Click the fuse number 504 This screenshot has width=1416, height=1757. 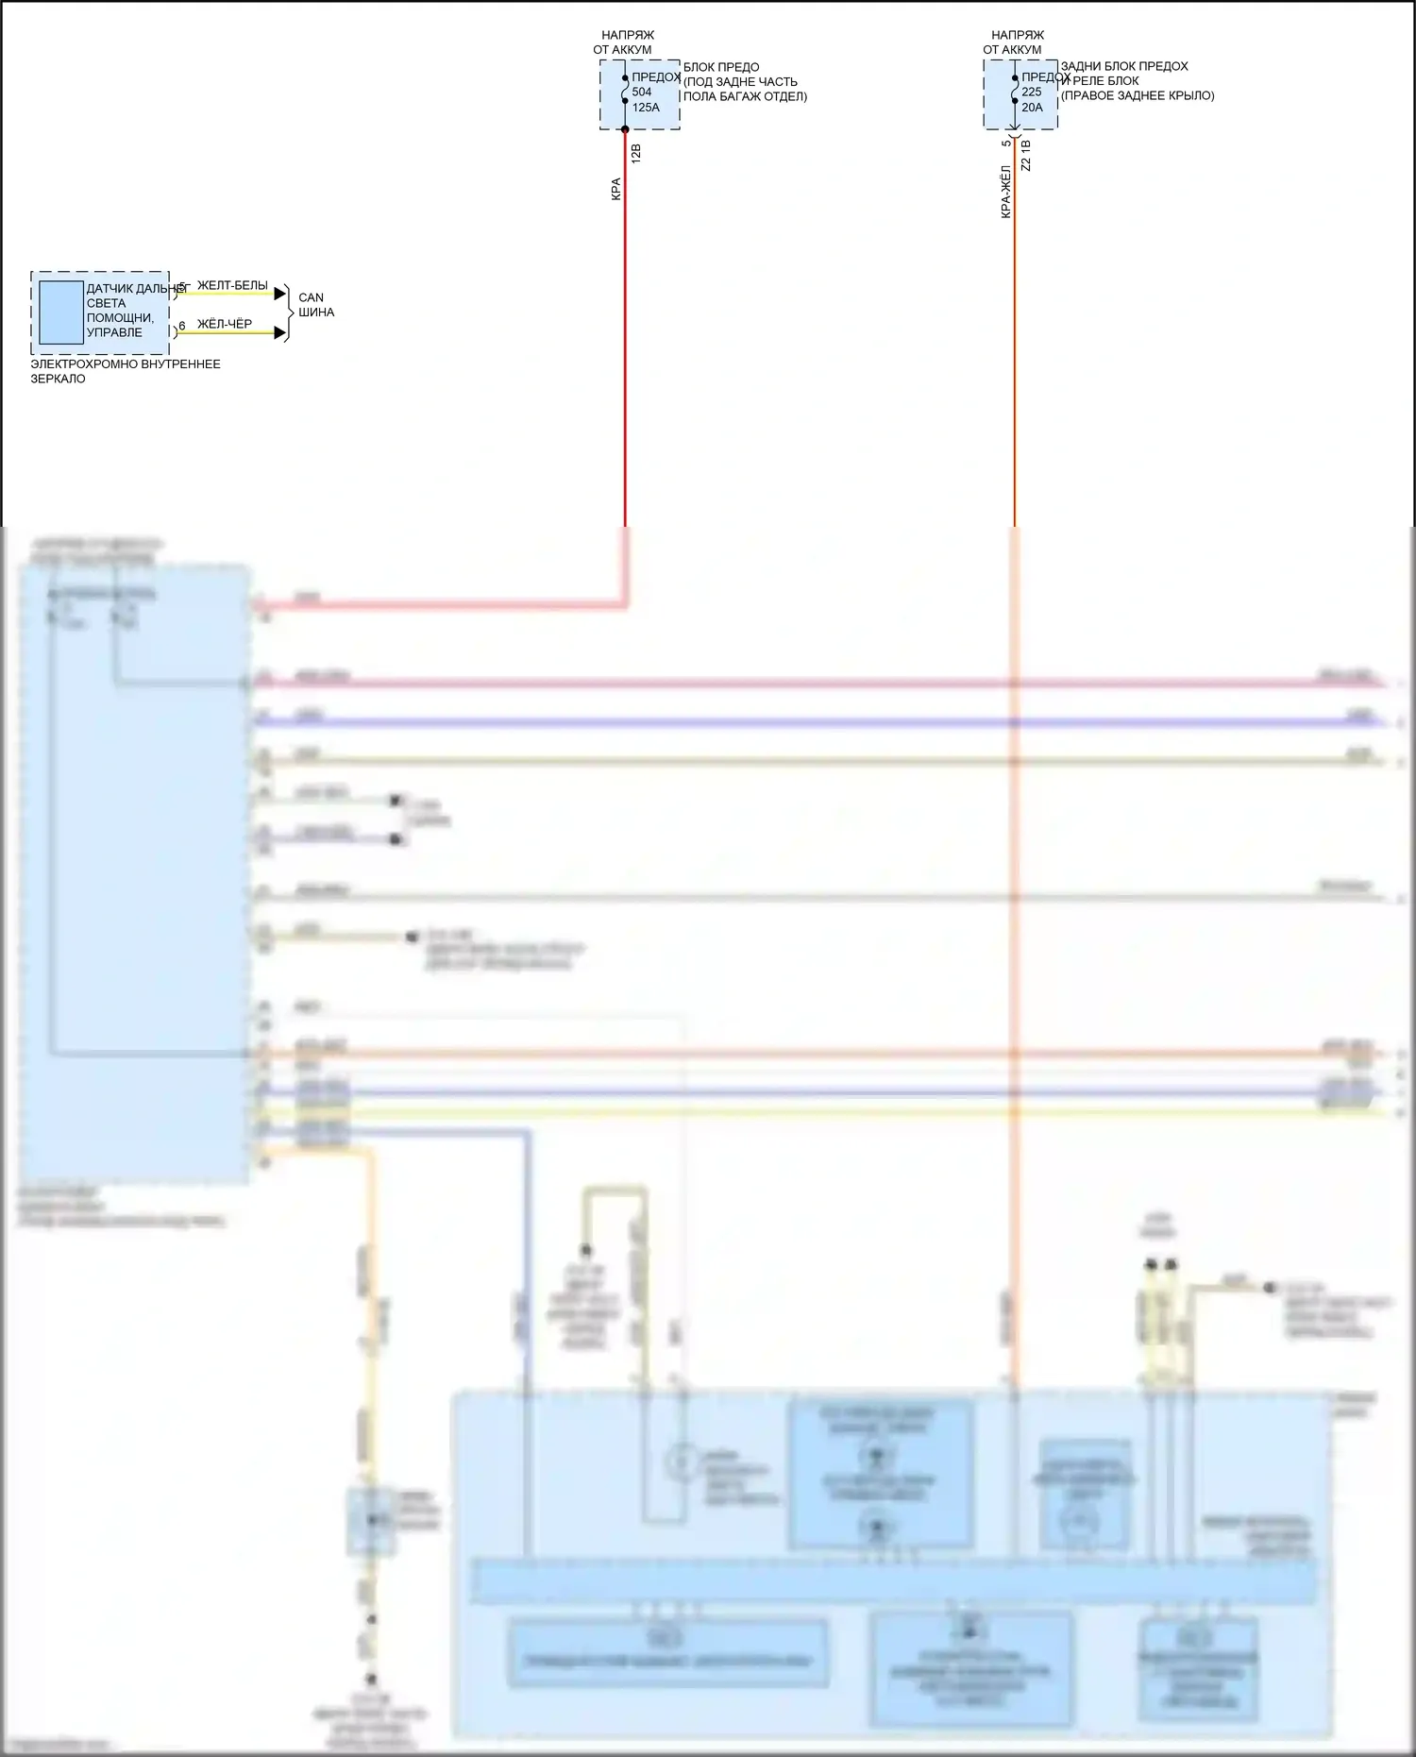click(642, 93)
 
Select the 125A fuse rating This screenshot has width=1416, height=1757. click(646, 108)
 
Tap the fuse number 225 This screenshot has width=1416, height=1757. click(1032, 93)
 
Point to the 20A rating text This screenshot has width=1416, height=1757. click(1032, 108)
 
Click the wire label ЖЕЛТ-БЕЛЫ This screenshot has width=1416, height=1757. click(232, 286)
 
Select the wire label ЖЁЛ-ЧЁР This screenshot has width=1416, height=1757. click(225, 325)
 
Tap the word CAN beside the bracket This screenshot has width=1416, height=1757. click(311, 297)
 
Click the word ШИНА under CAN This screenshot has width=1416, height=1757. click(316, 313)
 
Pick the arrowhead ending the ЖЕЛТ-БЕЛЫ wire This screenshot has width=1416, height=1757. click(279, 294)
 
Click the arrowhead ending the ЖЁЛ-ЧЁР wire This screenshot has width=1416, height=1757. click(279, 332)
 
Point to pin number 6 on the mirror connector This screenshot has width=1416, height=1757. click(182, 327)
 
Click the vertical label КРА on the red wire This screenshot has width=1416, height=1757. click(616, 189)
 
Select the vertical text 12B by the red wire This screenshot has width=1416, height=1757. click(636, 154)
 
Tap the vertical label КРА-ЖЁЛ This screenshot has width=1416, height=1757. click(1006, 193)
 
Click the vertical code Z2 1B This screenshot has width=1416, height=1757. click(1026, 156)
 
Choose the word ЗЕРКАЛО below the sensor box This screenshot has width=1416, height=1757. click(58, 380)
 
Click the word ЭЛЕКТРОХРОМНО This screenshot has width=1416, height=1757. click(72, 364)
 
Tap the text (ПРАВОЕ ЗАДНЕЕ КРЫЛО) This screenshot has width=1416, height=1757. click(1138, 96)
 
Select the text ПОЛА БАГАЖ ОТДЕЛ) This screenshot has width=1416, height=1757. click(745, 96)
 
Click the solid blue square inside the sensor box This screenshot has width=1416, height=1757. click(60, 313)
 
